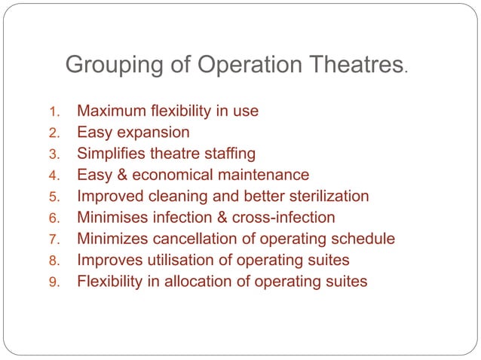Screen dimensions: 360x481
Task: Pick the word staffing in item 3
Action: point(228,154)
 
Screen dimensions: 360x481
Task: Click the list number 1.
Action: point(54,112)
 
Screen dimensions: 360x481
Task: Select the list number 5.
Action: point(54,197)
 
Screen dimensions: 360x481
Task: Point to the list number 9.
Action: point(54,283)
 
